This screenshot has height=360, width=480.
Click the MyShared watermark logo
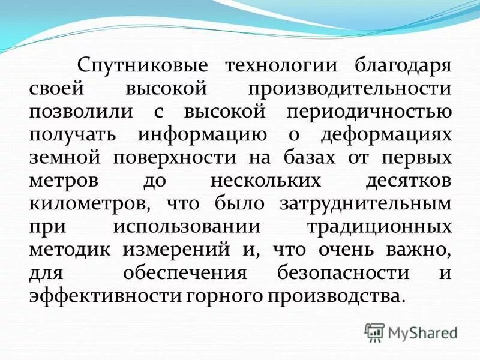[411, 332]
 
